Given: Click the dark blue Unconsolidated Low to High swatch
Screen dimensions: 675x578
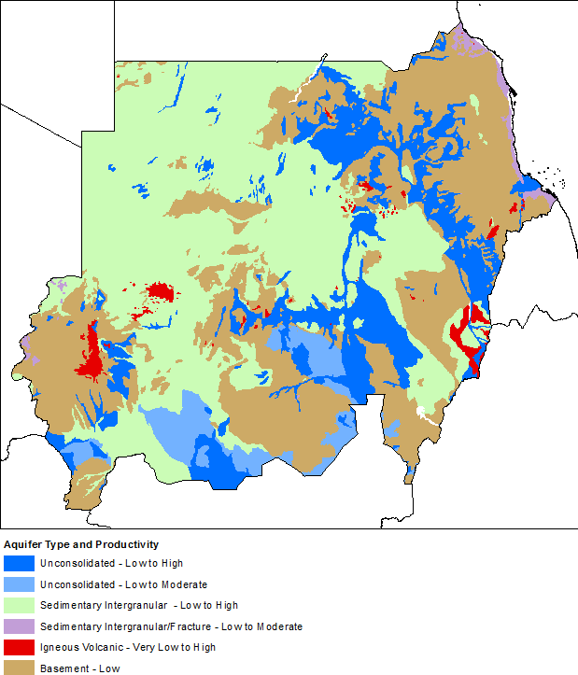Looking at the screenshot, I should pyautogui.click(x=19, y=563).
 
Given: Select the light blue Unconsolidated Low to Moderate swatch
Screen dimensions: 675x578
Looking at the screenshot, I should pyautogui.click(x=19, y=584).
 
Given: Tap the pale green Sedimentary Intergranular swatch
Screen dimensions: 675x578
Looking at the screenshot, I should pyautogui.click(x=19, y=605).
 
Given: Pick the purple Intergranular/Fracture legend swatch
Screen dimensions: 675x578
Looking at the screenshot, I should pyautogui.click(x=19, y=626).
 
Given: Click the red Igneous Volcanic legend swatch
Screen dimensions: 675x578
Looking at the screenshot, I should pyautogui.click(x=19, y=647).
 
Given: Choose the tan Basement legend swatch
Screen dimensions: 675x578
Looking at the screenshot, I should pyautogui.click(x=19, y=668).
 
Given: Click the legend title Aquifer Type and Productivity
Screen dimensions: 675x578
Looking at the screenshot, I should pyautogui.click(x=81, y=544).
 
